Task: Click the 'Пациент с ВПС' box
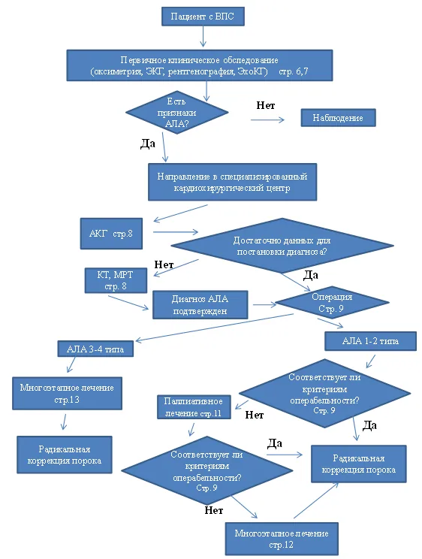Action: [203, 17]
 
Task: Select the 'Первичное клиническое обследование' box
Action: [200, 65]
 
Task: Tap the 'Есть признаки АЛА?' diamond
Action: [176, 112]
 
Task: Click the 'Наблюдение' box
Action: [338, 118]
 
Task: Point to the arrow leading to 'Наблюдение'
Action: [267, 119]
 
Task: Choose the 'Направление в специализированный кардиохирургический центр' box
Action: [232, 182]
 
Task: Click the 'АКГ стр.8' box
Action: [111, 234]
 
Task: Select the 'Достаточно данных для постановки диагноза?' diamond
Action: [282, 246]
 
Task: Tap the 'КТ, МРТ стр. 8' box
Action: [116, 280]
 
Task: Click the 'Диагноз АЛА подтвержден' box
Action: [200, 305]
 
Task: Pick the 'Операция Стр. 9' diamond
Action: [332, 302]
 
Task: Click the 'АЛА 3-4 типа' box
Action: [95, 349]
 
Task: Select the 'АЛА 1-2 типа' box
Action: [370, 341]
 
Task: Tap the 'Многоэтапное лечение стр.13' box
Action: [67, 393]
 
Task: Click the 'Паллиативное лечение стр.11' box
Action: [194, 406]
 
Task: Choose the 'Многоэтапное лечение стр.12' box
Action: [282, 539]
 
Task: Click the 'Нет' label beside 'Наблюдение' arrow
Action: [266, 105]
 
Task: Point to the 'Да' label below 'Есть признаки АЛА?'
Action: [148, 144]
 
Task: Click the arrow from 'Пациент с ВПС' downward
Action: [203, 36]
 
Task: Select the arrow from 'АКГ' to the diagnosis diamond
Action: [176, 232]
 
